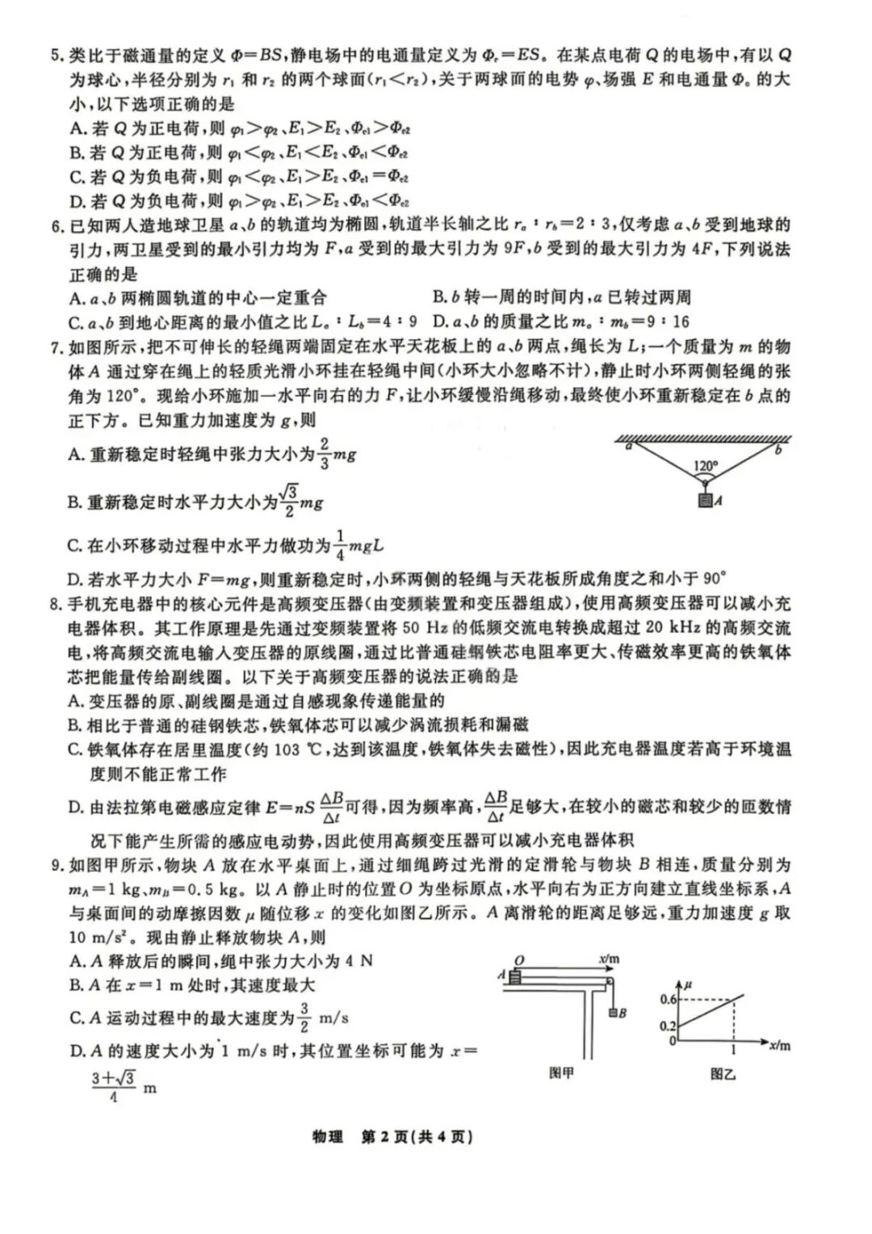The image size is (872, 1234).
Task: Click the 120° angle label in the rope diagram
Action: tap(706, 466)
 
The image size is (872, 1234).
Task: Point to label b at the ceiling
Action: tap(778, 450)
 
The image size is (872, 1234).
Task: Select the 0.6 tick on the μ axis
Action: tap(668, 1000)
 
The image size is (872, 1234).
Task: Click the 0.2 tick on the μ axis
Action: tap(668, 1026)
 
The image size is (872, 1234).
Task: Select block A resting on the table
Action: tap(515, 976)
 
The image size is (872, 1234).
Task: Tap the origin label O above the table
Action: tap(519, 960)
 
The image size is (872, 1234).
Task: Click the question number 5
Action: tap(56, 56)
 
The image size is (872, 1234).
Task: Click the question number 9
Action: tap(56, 865)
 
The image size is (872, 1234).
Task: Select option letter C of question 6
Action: tap(77, 322)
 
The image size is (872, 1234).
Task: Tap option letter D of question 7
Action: tap(77, 578)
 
